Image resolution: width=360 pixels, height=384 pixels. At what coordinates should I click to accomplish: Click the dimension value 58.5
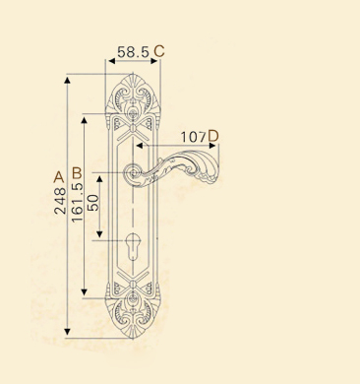133,52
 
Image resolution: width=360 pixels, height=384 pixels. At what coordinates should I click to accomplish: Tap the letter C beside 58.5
159,51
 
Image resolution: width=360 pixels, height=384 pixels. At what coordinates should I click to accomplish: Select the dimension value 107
194,137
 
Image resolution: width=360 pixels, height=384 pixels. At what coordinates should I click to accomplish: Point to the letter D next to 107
213,136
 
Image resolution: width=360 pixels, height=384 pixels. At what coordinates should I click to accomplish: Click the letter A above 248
59,177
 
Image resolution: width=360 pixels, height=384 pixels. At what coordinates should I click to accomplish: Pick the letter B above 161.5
77,173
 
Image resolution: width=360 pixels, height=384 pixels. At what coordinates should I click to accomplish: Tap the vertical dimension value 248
60,201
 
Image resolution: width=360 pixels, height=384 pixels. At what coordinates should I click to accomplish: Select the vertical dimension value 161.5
78,203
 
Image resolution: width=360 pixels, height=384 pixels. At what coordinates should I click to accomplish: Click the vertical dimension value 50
93,203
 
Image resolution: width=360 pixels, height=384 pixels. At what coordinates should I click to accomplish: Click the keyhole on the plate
133,245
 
